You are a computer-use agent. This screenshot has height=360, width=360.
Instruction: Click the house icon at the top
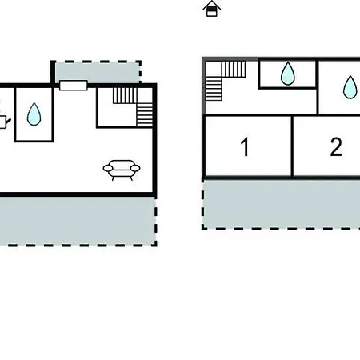tap(212, 9)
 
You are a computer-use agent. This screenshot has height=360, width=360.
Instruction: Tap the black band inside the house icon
tap(212, 9)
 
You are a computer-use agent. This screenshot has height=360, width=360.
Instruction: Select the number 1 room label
tap(245, 146)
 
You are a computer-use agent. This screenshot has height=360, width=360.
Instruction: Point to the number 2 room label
tap(336, 146)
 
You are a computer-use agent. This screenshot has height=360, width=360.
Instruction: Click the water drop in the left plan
tap(34, 114)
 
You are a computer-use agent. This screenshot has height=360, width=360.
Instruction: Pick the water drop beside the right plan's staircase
tap(288, 74)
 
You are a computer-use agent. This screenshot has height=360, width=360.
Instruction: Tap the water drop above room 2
tap(350, 87)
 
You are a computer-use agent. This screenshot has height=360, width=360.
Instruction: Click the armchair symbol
tap(122, 170)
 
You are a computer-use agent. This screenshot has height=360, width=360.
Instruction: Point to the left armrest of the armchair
tap(108, 168)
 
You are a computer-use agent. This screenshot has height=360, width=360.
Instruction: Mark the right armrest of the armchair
tap(135, 168)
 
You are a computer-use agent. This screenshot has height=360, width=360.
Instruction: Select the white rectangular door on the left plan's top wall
tap(74, 86)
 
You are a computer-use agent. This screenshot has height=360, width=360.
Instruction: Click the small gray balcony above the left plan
tap(98, 72)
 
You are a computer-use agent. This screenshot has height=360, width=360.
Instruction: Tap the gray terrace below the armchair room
tap(78, 221)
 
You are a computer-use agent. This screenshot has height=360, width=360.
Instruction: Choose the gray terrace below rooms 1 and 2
tap(282, 204)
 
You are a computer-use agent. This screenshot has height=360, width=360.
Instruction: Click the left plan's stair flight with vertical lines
tap(125, 95)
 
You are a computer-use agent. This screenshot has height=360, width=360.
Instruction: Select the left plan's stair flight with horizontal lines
tap(145, 115)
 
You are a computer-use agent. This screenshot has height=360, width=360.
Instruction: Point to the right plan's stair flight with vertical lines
tap(234, 69)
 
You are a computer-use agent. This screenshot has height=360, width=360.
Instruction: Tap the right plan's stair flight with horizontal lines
tap(214, 89)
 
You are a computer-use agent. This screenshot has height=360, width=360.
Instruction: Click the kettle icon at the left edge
tap(4, 121)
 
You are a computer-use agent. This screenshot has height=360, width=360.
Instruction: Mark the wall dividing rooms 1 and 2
tap(292, 146)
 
